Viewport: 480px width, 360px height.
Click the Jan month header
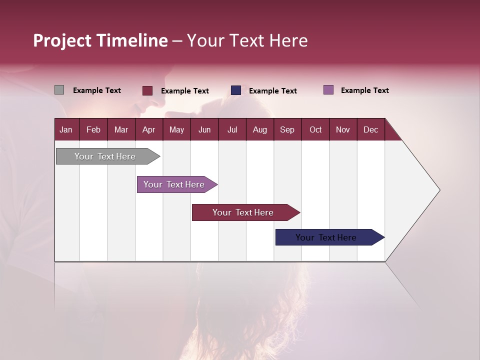[66, 129]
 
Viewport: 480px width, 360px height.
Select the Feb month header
[93, 129]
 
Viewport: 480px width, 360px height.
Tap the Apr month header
[148, 129]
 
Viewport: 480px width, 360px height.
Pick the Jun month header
[204, 129]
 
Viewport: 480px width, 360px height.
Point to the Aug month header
[259, 129]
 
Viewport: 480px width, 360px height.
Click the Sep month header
[287, 129]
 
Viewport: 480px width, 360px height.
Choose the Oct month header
[315, 129]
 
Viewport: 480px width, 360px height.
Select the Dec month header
[370, 129]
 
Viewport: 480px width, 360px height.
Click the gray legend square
[59, 90]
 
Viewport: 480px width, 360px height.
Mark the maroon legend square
[147, 90]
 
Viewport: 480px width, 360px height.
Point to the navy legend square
[236, 90]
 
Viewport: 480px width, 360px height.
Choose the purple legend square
[328, 90]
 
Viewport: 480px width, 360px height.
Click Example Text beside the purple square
[364, 90]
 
